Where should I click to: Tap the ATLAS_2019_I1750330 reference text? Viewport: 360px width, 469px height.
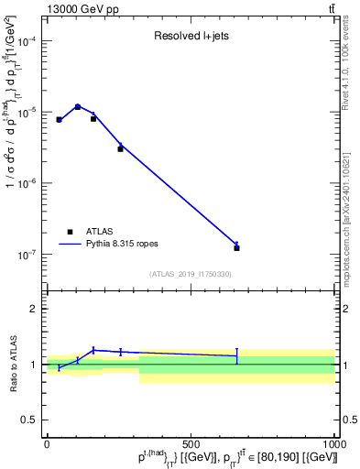190,274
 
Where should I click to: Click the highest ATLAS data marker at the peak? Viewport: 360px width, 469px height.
78,107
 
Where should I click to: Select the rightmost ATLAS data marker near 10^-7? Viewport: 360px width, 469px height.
236,248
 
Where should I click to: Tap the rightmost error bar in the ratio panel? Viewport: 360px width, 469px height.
236,355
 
